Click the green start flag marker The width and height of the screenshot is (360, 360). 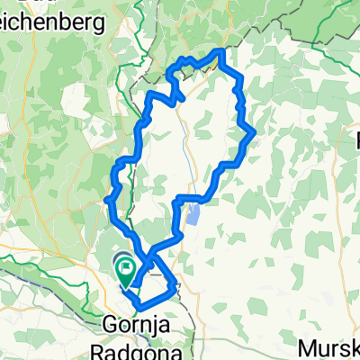[124, 266]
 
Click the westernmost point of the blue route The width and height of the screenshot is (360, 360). [106, 198]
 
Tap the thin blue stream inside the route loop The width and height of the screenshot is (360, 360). [185, 135]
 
